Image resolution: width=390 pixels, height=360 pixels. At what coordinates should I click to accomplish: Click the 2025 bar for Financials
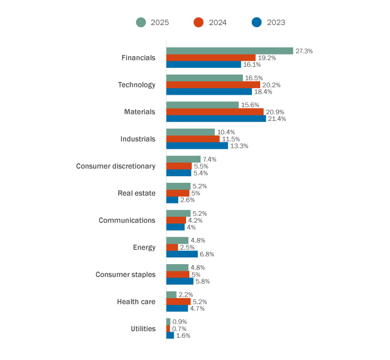(230, 51)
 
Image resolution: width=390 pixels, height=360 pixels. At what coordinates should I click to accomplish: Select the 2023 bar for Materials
(216, 119)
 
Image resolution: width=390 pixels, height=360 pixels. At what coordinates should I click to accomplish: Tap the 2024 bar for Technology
(213, 85)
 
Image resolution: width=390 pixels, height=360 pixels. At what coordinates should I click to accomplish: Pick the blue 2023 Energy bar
(182, 254)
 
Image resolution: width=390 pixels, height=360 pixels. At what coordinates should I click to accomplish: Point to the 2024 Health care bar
(178, 301)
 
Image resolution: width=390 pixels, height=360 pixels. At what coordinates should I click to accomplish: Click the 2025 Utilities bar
(168, 322)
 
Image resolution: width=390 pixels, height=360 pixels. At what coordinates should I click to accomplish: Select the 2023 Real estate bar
(172, 200)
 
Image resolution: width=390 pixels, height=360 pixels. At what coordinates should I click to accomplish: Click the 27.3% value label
(304, 51)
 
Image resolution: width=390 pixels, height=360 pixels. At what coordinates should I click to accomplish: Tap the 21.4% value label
(277, 119)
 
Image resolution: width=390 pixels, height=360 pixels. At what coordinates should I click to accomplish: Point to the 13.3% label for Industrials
(239, 146)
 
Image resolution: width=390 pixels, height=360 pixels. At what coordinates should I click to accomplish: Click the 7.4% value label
(209, 159)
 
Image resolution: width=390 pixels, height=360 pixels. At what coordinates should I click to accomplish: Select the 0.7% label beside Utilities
(179, 329)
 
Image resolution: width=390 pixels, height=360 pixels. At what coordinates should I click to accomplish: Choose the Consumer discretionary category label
(115, 166)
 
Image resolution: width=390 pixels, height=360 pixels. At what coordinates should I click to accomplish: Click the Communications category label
(127, 220)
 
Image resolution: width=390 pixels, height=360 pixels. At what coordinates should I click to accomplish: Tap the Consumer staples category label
(125, 275)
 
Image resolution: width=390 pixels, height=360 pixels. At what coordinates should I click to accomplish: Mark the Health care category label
(136, 301)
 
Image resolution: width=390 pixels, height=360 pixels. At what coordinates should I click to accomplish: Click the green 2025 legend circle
(141, 22)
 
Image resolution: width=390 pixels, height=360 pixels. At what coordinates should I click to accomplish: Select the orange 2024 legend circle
(198, 22)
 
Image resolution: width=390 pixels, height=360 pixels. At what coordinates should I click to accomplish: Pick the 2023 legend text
(276, 22)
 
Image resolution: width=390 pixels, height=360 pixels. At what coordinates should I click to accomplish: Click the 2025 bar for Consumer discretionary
(183, 159)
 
